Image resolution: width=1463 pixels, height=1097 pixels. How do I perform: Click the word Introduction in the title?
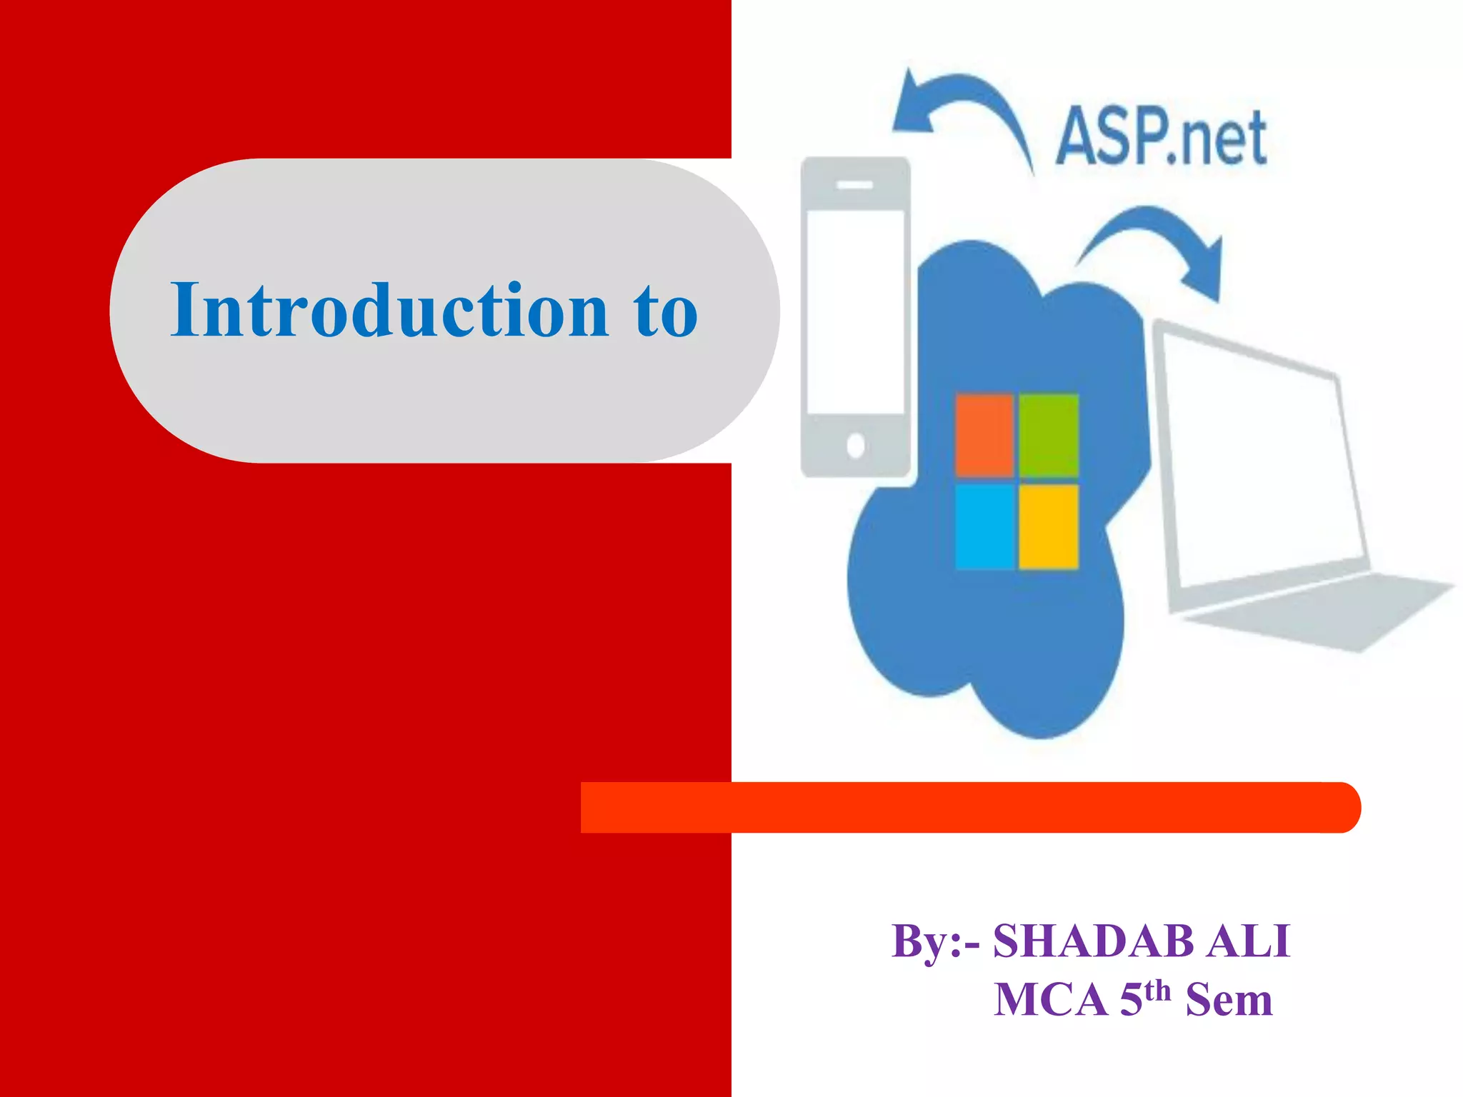pyautogui.click(x=389, y=310)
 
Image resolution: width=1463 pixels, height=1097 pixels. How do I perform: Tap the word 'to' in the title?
pyautogui.click(x=665, y=311)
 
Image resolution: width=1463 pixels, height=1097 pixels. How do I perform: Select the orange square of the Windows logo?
pyautogui.click(x=984, y=435)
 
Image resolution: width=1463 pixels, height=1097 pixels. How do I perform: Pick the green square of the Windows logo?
pyautogui.click(x=1048, y=435)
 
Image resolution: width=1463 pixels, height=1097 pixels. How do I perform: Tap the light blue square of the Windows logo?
pyautogui.click(x=984, y=526)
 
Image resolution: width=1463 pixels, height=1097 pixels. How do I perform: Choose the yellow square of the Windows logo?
pyautogui.click(x=1048, y=526)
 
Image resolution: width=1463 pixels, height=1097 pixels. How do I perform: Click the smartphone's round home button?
pyautogui.click(x=855, y=446)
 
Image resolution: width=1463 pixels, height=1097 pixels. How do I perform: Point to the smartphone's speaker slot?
pyautogui.click(x=855, y=186)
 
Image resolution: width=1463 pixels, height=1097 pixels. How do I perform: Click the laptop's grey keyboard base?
pyautogui.click(x=1314, y=614)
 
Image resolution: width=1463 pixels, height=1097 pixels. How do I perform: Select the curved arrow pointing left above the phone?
pyautogui.click(x=957, y=107)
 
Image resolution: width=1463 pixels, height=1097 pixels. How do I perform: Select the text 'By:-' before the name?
pyautogui.click(x=936, y=942)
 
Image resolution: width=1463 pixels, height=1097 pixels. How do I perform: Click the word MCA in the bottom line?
pyautogui.click(x=1050, y=999)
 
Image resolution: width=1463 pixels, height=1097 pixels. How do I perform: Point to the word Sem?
pyautogui.click(x=1229, y=999)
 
